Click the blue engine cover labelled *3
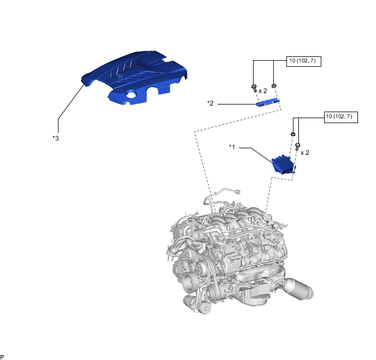(134, 77)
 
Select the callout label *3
(56, 138)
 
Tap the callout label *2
(210, 103)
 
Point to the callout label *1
(232, 147)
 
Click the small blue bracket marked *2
(268, 102)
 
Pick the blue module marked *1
(284, 164)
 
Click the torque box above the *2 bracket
(304, 61)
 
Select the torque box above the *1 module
(341, 117)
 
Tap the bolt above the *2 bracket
(254, 88)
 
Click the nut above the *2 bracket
(274, 85)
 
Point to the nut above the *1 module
(293, 134)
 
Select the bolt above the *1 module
(298, 147)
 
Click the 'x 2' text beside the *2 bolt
(262, 91)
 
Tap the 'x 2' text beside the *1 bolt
(305, 153)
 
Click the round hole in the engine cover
(131, 94)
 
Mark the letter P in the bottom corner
(2, 357)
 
